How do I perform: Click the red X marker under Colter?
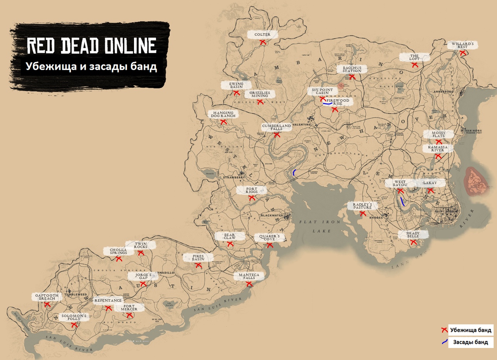click(262, 42)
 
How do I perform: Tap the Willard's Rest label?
click(462, 45)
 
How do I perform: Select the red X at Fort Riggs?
click(252, 198)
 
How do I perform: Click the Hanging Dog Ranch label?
click(223, 114)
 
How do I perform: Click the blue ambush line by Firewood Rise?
click(327, 104)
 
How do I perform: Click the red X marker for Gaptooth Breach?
click(47, 304)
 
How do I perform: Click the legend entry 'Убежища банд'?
click(471, 330)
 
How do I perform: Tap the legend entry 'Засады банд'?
click(470, 342)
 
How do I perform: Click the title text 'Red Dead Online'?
click(91, 46)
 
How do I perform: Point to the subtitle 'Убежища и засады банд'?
click(91, 66)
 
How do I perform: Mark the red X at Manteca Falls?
click(249, 284)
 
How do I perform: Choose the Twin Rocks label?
click(141, 245)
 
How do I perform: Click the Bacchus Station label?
click(352, 69)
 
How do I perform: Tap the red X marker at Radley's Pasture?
click(363, 213)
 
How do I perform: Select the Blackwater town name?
click(272, 215)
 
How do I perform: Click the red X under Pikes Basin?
click(198, 265)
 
